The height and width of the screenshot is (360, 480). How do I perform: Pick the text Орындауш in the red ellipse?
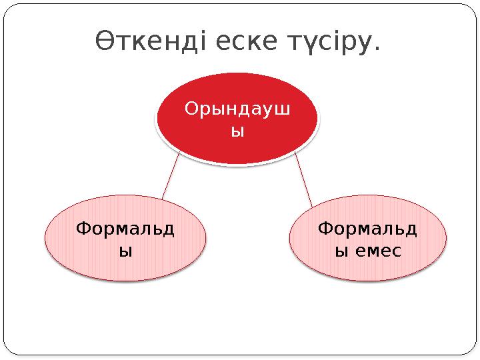point(237,109)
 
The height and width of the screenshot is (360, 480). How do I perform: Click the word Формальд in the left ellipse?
point(125,229)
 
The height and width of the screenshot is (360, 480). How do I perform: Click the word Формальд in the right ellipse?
point(368,229)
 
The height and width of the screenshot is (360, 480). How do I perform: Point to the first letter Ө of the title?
point(103,41)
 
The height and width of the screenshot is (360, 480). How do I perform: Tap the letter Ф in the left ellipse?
point(83,229)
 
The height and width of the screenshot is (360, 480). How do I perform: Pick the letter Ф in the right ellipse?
point(325,229)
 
